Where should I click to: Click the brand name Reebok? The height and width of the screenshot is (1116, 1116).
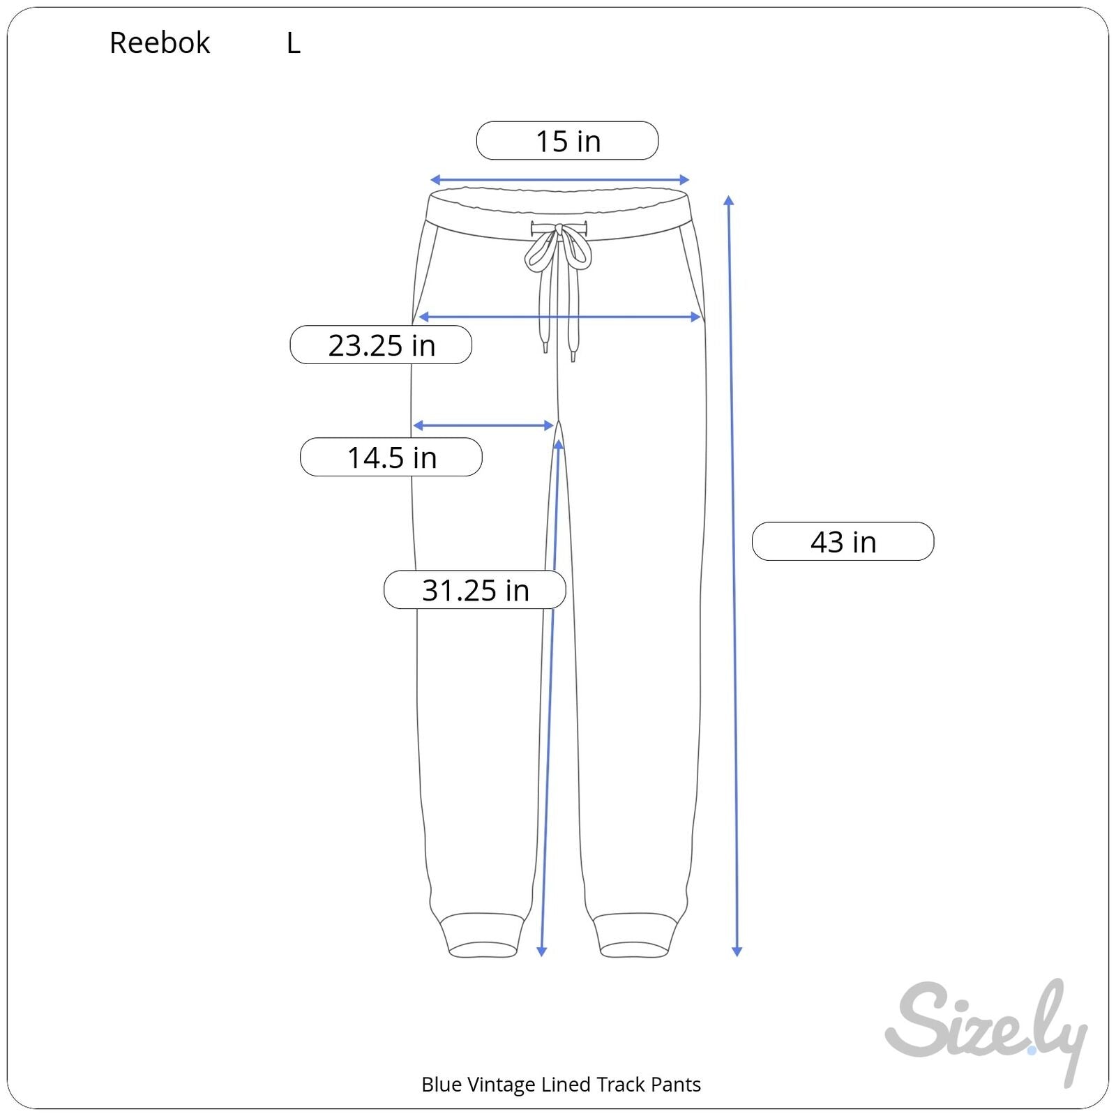point(160,43)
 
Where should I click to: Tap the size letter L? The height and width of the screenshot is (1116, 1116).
point(294,43)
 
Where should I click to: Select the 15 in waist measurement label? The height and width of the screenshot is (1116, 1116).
point(567,141)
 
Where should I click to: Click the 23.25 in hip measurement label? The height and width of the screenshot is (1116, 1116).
point(381,345)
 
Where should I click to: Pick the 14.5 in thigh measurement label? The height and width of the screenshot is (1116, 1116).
point(391,457)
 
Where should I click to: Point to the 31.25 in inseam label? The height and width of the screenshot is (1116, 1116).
point(475,589)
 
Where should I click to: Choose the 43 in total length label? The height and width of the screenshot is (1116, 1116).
point(843,541)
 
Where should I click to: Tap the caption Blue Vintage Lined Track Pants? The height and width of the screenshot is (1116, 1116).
point(561,1085)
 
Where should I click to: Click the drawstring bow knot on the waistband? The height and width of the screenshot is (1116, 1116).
point(559,246)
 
